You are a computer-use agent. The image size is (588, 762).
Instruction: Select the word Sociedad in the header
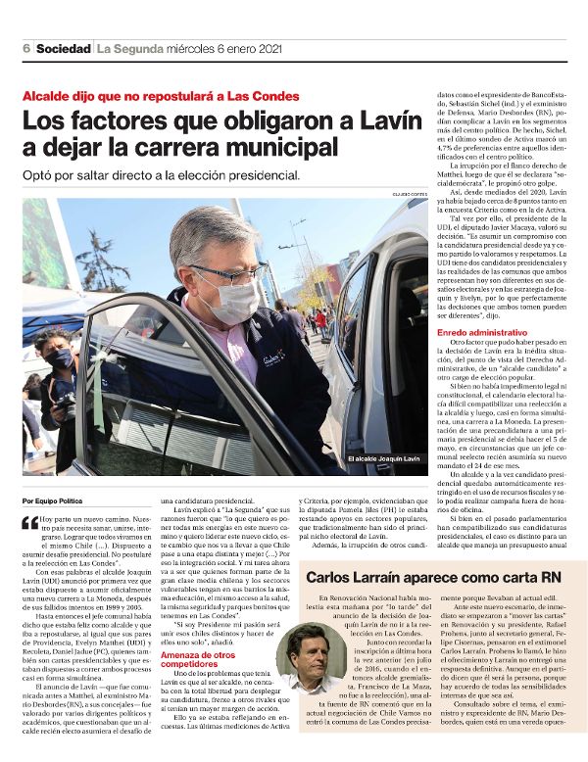click(62, 49)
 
